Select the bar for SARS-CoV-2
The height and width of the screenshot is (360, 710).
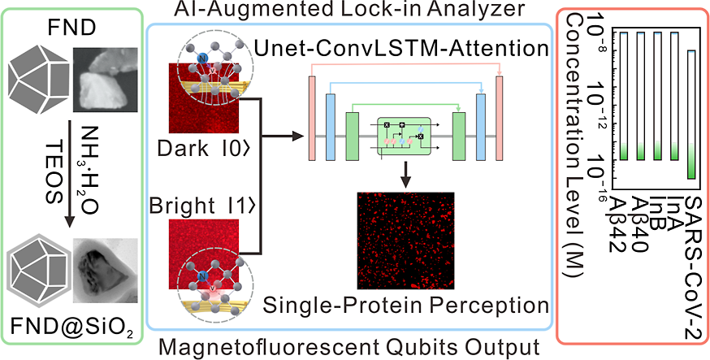pos(691,114)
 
